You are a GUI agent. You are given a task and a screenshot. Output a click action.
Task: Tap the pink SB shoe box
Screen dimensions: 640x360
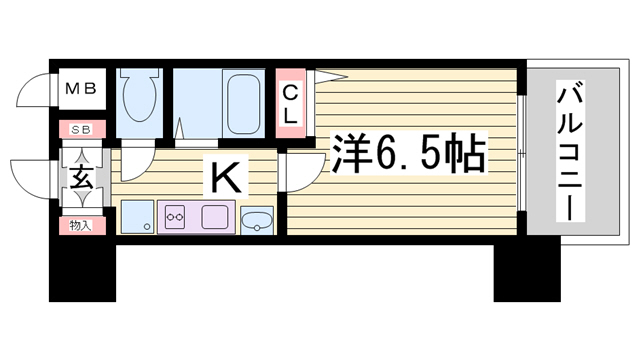pos(82,129)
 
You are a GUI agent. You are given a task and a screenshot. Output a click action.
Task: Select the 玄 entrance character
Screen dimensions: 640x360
pos(82,177)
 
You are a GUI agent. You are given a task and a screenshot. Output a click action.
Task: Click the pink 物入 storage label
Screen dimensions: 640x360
pos(82,225)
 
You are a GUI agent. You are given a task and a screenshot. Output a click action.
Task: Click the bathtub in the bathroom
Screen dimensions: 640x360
pos(244,104)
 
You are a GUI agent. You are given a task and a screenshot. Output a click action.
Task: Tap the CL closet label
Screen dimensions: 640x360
pos(291,105)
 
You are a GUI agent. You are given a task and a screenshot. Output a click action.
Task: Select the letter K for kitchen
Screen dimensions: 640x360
pos(225,176)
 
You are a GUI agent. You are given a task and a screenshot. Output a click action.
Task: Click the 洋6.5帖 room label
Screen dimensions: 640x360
pos(409,153)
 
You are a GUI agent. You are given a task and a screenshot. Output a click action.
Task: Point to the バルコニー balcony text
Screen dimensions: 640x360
pos(570,151)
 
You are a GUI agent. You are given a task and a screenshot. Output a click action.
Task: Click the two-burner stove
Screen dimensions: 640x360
pos(175,217)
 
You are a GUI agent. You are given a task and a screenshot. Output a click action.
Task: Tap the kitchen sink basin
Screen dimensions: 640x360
pos(215,217)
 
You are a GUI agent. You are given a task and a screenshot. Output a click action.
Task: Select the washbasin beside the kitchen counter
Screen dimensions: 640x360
pos(257,221)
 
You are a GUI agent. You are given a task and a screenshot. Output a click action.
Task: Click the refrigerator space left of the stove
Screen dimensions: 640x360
pos(138,217)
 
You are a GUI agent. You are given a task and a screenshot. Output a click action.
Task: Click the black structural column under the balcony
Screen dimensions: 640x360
pos(527,273)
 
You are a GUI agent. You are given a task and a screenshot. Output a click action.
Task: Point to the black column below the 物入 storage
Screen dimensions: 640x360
pos(82,269)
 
